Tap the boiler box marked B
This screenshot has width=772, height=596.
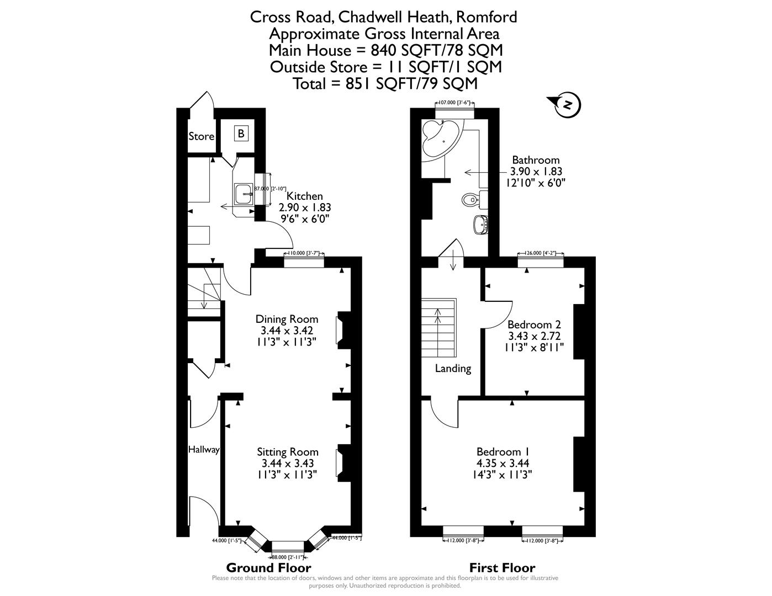241,134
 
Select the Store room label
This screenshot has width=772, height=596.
201,136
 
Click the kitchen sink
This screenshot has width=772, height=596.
243,193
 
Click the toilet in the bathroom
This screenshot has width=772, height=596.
470,199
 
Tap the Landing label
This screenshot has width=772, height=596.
453,369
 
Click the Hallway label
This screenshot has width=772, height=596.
204,450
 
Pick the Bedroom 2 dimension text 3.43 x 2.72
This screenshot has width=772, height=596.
535,336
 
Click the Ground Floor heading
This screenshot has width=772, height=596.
269,568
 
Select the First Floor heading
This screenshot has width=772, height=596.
502,568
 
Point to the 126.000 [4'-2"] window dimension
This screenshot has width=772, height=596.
541,253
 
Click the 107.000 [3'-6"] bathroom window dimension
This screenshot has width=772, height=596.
454,103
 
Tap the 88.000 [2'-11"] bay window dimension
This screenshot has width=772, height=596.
288,557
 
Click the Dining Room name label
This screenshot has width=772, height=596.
287,319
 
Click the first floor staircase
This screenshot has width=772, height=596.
439,328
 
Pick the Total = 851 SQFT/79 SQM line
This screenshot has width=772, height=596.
385,83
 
